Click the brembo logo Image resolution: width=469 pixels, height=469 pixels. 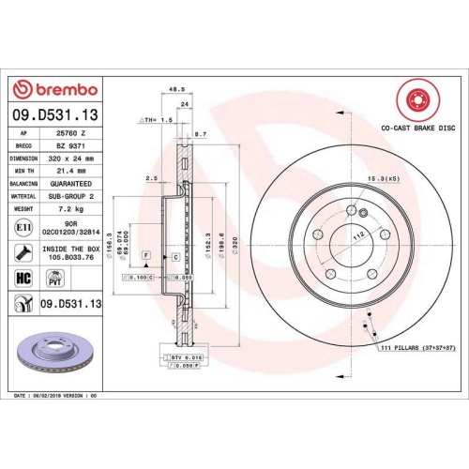[53, 88]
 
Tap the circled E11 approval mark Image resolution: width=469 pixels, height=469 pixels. [23, 227]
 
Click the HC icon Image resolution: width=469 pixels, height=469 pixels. [23, 278]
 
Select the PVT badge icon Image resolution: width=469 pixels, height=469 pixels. [55, 278]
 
